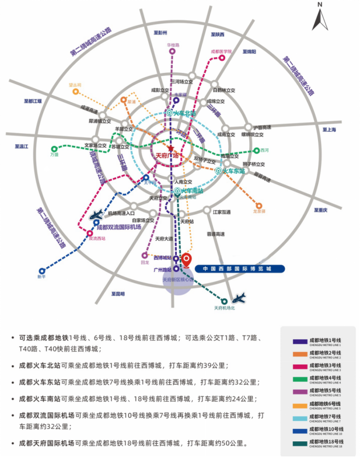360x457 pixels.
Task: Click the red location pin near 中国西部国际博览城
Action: (187, 259)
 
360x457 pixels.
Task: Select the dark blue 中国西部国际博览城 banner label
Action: (239, 269)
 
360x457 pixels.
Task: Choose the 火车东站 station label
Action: (232, 171)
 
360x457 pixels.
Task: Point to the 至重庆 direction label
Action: (320, 210)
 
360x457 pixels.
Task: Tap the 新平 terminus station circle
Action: (41, 271)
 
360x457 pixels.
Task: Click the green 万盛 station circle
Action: (54, 149)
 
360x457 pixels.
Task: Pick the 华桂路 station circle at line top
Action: (172, 51)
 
